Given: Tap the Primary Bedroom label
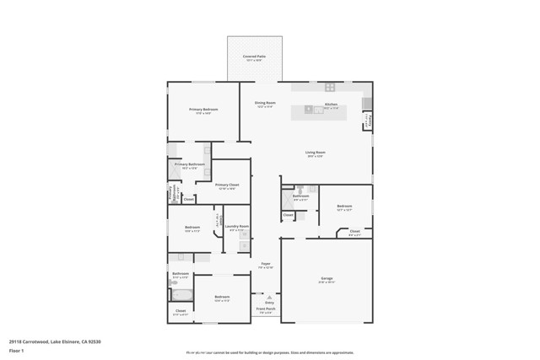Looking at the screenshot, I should (203, 110).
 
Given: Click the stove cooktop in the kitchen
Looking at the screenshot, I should (331, 87).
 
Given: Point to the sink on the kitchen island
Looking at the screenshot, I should (309, 109).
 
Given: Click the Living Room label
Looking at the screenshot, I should (316, 153).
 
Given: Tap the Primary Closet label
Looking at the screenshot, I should (227, 186).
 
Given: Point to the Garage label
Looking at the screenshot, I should (327, 280).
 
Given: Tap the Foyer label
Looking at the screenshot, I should (265, 266).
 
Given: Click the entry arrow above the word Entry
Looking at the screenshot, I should (269, 297).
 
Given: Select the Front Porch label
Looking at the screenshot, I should (267, 309).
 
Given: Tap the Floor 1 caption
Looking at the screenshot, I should (16, 350).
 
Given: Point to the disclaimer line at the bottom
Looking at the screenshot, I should (270, 353).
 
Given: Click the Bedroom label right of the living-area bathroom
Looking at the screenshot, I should (344, 207).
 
